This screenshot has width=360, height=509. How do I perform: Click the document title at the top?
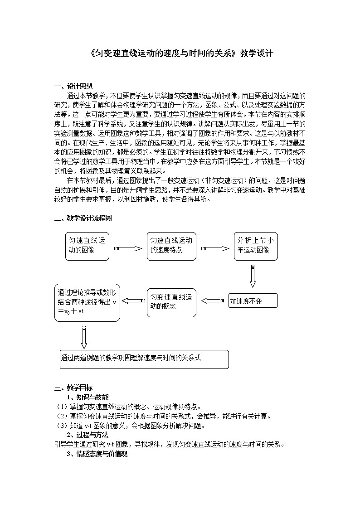tap(180, 53)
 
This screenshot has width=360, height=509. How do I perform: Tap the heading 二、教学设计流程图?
tap(83, 218)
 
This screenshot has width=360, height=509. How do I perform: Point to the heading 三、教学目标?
tap(73, 388)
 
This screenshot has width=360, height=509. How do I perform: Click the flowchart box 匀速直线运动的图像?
tap(87, 246)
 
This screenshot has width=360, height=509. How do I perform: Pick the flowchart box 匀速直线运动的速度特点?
tap(171, 246)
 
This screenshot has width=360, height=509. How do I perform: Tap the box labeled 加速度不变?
tap(253, 301)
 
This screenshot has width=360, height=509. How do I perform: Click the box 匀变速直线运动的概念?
tap(171, 302)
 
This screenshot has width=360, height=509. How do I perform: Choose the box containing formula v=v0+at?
tap(87, 302)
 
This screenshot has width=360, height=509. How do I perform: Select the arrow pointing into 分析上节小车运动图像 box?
tap(215, 248)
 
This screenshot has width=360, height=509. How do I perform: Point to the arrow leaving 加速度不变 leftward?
tap(213, 301)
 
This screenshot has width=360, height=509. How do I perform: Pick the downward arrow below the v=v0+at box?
tap(84, 335)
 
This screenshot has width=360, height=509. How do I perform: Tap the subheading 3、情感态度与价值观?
tap(97, 453)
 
